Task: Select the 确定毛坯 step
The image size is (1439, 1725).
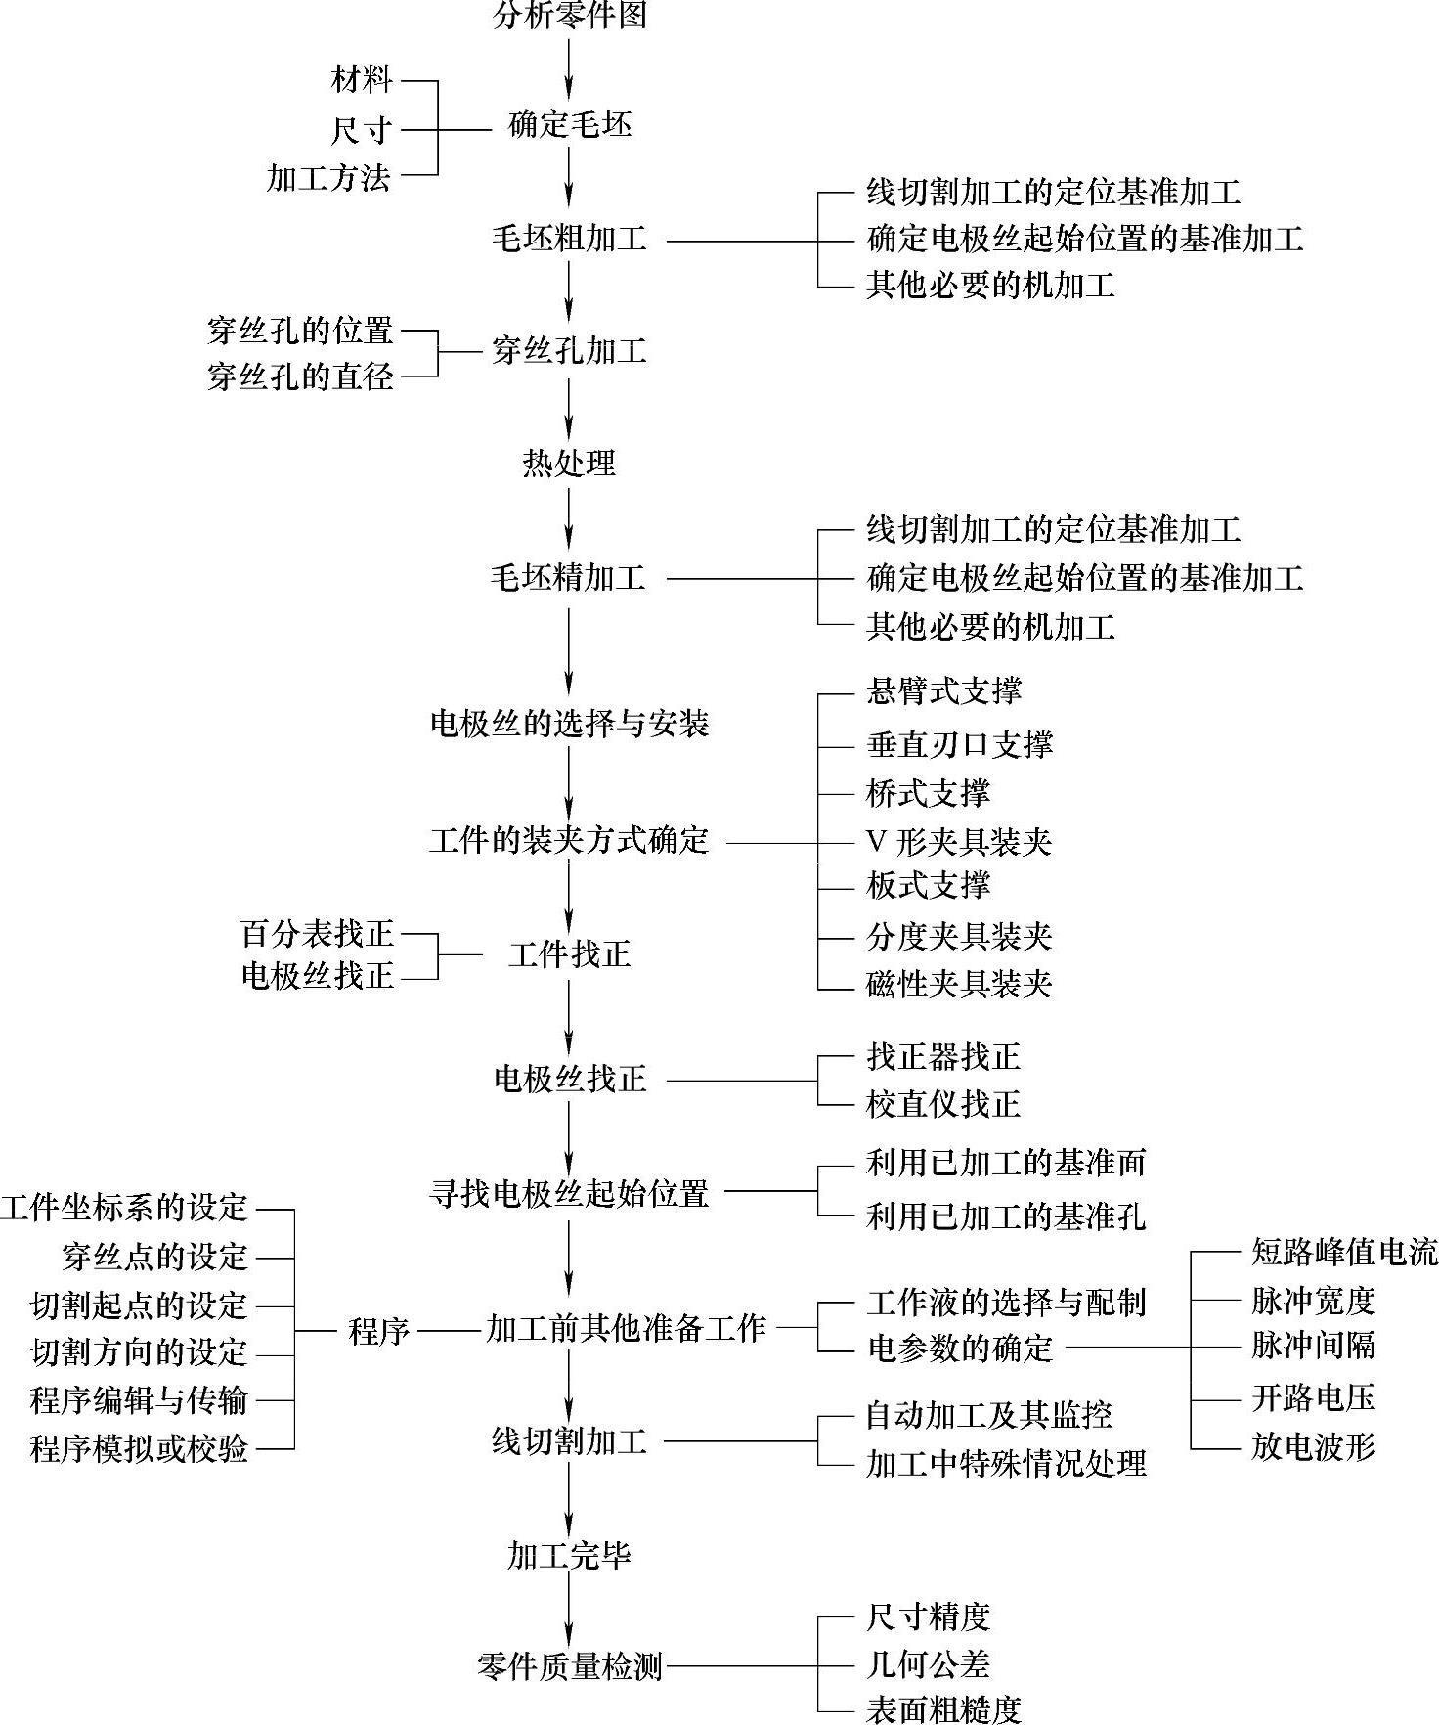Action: click(569, 126)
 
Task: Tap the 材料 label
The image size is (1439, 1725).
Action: click(362, 79)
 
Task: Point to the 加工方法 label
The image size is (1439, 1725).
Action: click(328, 177)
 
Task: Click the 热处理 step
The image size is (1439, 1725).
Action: click(569, 463)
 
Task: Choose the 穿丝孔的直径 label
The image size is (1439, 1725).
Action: click(300, 376)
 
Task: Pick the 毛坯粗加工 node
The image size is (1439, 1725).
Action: click(569, 240)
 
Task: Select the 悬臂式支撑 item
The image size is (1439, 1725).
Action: click(943, 692)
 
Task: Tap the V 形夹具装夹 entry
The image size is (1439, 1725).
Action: click(958, 842)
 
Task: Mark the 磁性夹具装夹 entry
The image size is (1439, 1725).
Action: click(958, 984)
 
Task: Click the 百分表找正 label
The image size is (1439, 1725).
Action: click(317, 935)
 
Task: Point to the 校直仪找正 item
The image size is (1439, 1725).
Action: click(942, 1105)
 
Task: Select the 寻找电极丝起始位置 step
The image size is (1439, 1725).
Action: click(569, 1194)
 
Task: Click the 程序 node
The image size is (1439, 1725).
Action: click(378, 1331)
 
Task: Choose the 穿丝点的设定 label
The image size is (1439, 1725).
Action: click(154, 1258)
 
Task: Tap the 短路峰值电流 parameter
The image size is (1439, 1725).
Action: click(1344, 1253)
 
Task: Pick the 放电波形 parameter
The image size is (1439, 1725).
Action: click(1313, 1447)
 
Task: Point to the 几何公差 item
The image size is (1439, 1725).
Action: click(928, 1664)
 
